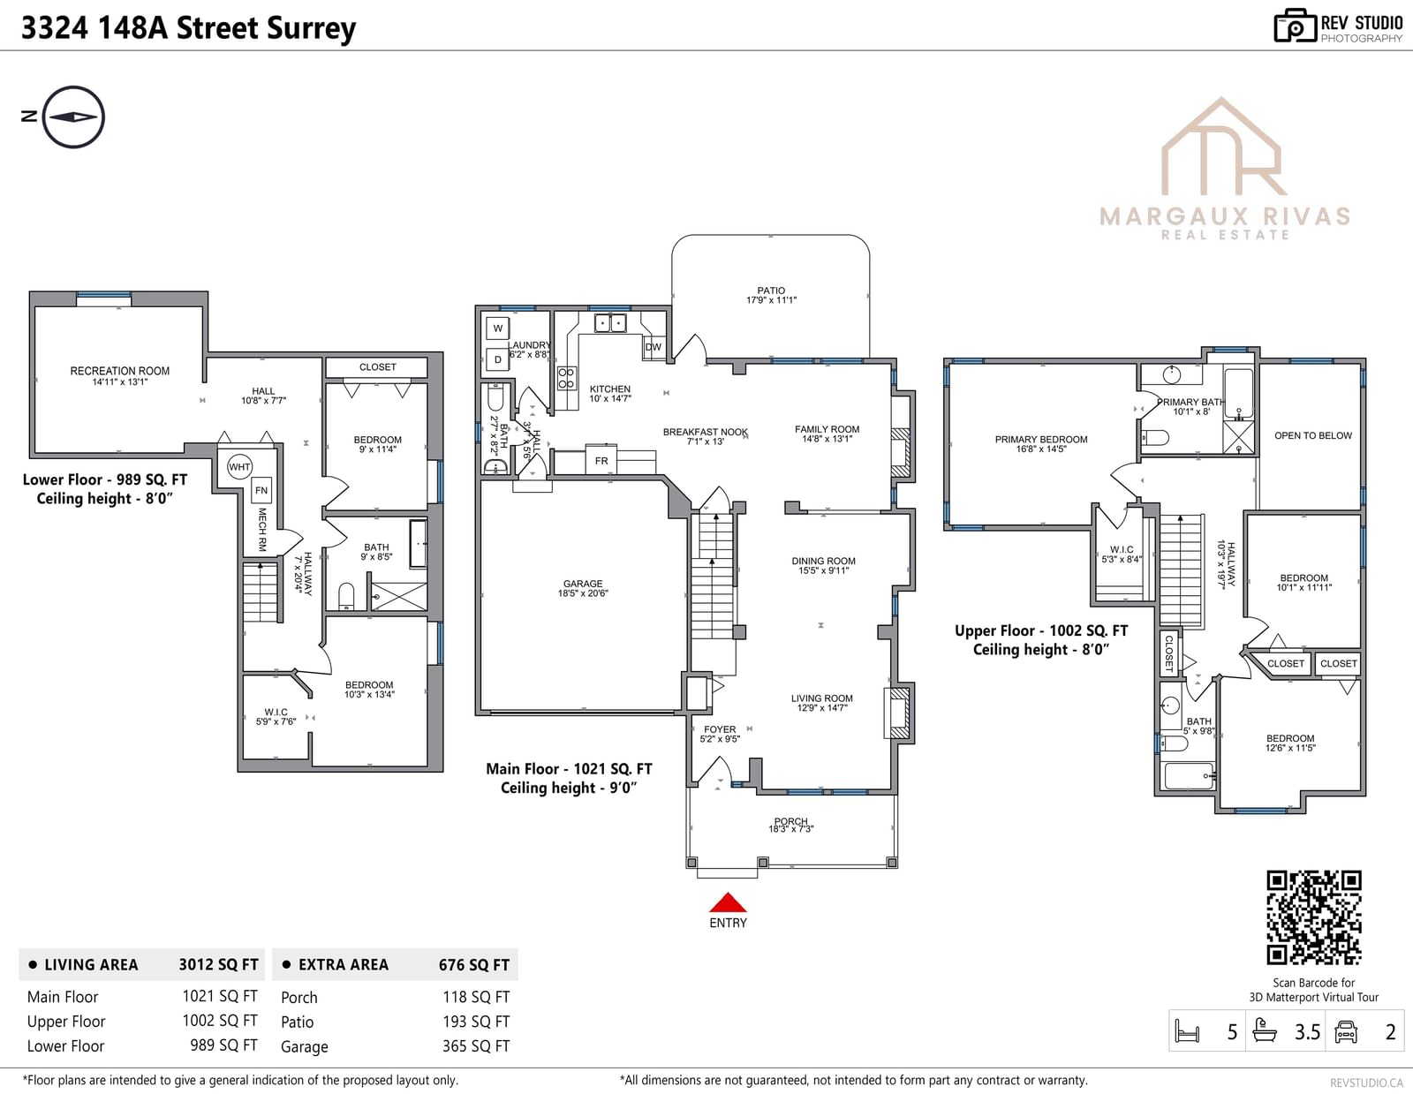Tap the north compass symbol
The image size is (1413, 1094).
(73, 117)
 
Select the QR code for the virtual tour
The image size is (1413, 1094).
(1313, 917)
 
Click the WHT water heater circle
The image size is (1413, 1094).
(239, 467)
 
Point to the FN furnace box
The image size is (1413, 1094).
(261, 490)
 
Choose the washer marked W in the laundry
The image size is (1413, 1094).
(497, 328)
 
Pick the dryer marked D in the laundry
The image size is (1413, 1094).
(497, 358)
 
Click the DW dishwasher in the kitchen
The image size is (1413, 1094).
(653, 346)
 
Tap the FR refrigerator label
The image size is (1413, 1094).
(601, 461)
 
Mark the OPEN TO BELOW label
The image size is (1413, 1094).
(1313, 435)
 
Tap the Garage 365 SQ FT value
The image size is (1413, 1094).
(476, 1046)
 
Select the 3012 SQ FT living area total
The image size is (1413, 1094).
(218, 964)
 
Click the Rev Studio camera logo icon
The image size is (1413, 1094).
(1295, 26)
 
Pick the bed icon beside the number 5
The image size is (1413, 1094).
(1188, 1031)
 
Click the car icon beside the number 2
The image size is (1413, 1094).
(1345, 1031)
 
